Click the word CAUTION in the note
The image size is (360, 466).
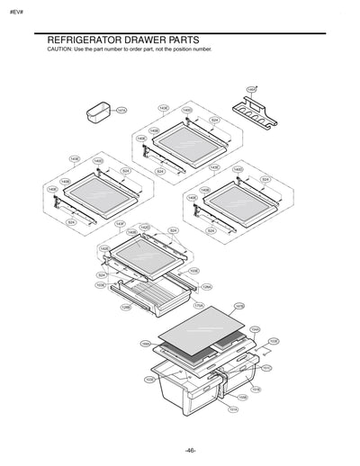click(59, 49)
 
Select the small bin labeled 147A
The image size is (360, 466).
click(96, 114)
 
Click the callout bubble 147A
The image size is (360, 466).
click(121, 110)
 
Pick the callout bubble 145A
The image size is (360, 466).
click(251, 90)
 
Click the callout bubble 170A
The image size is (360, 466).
click(199, 306)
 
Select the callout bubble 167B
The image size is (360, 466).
click(238, 306)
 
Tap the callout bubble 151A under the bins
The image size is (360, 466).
click(233, 409)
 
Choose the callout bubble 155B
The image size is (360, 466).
click(243, 397)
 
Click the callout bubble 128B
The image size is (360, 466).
click(126, 307)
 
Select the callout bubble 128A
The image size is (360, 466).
click(206, 287)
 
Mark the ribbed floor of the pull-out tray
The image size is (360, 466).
click(153, 291)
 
